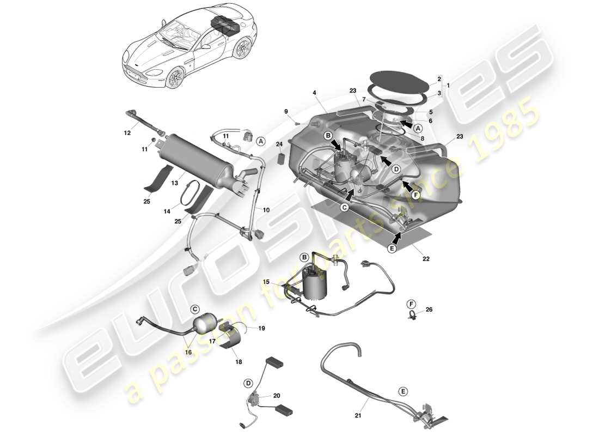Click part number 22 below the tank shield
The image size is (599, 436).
coord(426,259)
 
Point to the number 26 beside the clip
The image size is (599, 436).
coord(429,310)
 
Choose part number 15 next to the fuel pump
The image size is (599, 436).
coord(266,282)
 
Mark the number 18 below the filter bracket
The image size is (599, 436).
coord(239,361)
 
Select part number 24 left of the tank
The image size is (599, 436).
coord(279,144)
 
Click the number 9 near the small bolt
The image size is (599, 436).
coord(285,112)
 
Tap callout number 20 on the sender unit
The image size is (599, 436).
coord(277,396)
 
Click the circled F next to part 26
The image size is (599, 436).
coord(411,304)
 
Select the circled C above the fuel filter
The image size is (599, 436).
coord(195,308)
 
